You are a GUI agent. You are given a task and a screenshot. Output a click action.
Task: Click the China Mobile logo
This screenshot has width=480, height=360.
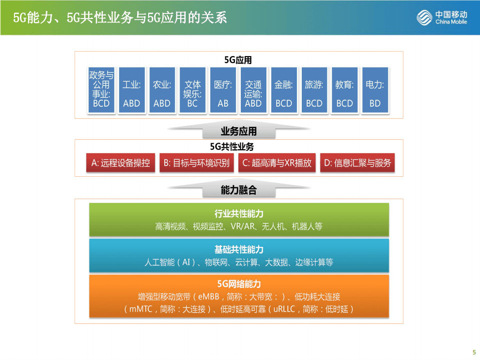(x=442, y=18)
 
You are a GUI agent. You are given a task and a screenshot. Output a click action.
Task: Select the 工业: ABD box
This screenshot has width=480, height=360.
(x=132, y=91)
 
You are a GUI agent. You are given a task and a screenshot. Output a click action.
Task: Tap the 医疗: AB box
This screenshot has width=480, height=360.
(x=223, y=91)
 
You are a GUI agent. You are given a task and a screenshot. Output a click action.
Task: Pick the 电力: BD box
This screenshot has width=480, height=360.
(x=375, y=91)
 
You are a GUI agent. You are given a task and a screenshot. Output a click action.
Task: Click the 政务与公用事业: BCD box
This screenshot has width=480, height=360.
(x=101, y=91)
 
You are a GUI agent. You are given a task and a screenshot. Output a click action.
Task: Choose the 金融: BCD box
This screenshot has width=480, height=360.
(x=284, y=91)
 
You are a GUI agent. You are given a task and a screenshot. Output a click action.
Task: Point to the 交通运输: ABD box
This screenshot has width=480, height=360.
(x=253, y=91)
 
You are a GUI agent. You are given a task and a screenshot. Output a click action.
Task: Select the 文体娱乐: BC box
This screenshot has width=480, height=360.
(x=193, y=91)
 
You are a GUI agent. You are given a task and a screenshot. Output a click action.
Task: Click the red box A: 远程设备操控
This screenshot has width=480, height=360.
(x=121, y=163)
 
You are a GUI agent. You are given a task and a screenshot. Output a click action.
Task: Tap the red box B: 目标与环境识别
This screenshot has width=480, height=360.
(x=197, y=163)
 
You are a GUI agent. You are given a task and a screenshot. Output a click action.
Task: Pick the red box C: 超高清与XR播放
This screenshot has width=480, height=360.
(x=277, y=163)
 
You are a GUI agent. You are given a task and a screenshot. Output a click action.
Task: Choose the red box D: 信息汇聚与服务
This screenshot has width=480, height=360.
(x=357, y=163)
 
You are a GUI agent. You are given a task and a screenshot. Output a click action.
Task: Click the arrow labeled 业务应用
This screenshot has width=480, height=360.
(x=239, y=131)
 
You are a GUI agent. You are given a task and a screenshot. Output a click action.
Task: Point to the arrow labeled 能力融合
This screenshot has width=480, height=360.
(x=239, y=190)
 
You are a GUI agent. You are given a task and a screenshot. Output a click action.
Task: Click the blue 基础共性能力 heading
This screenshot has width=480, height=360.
(x=239, y=249)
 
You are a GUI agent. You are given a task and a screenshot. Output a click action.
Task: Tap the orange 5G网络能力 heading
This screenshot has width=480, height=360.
(x=239, y=284)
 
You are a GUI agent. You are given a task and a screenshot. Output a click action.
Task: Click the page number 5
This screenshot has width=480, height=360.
(x=473, y=351)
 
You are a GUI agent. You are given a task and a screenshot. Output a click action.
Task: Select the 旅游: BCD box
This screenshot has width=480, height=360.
(x=314, y=91)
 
